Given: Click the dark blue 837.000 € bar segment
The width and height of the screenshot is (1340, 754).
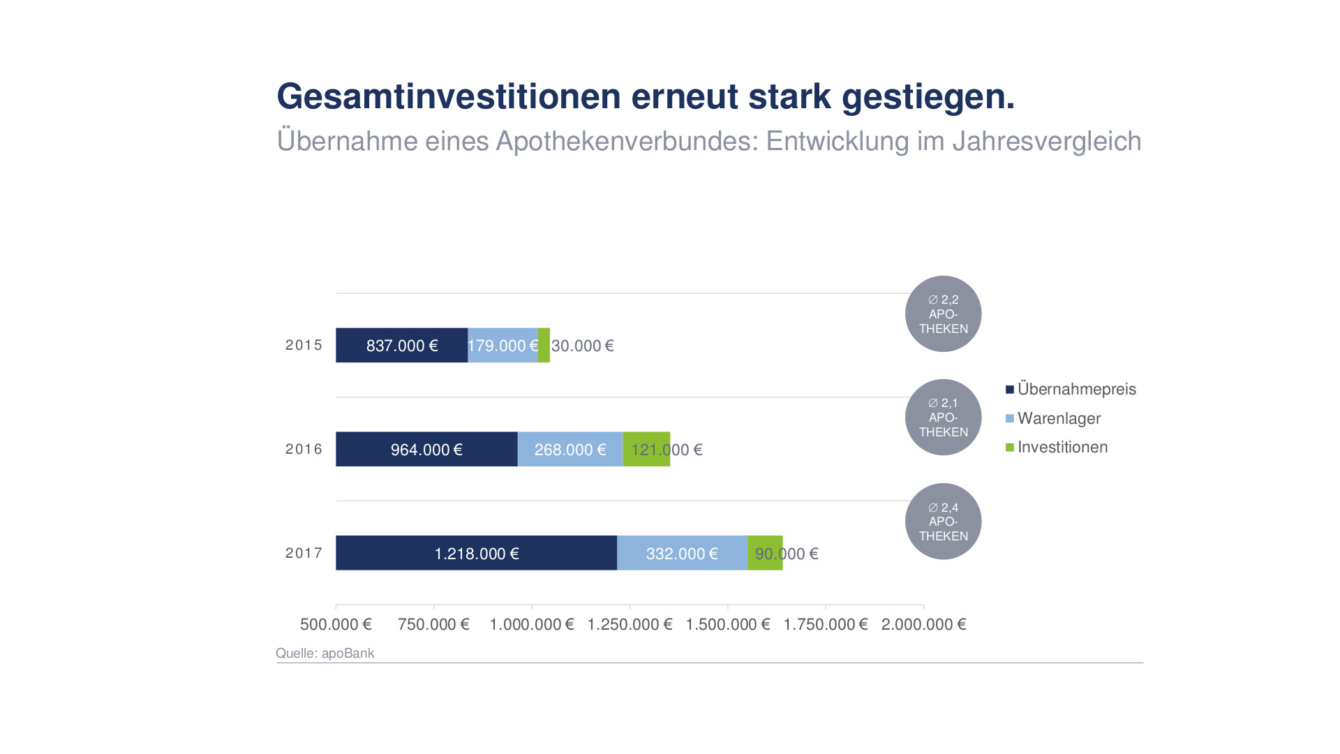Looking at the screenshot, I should pyautogui.click(x=401, y=345).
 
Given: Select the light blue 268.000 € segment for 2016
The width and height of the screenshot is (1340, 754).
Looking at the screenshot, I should pyautogui.click(x=569, y=449).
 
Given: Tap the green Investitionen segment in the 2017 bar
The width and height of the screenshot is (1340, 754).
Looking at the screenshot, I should pyautogui.click(x=765, y=553).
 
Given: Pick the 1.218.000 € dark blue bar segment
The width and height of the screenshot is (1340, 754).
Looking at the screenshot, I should pyautogui.click(x=476, y=553).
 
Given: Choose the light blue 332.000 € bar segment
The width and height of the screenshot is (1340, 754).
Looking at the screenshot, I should pyautogui.click(x=682, y=553).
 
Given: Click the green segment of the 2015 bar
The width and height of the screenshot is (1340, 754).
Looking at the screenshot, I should pyautogui.click(x=544, y=345).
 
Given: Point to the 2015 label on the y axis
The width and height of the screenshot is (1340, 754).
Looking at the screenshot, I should pyautogui.click(x=304, y=345).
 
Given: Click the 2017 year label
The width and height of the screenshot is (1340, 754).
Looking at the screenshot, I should pyautogui.click(x=304, y=553).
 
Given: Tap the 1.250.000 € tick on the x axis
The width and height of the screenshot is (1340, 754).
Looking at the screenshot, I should pyautogui.click(x=630, y=624).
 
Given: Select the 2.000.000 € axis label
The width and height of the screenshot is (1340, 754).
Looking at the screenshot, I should pyautogui.click(x=923, y=624).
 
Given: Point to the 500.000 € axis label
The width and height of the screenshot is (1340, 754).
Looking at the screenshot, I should pyautogui.click(x=336, y=624).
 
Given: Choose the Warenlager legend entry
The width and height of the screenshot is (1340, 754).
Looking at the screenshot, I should pyautogui.click(x=1058, y=418).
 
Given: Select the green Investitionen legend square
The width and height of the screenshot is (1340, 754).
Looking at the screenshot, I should pyautogui.click(x=1010, y=448).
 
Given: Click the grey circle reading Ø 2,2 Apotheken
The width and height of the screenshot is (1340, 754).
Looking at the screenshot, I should pyautogui.click(x=943, y=313).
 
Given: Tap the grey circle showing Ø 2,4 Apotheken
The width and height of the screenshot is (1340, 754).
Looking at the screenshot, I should pyautogui.click(x=943, y=522).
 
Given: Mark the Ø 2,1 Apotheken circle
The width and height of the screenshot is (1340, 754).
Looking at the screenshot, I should pyautogui.click(x=943, y=417).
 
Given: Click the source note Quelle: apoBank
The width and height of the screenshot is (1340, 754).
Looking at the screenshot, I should pyautogui.click(x=325, y=653).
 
